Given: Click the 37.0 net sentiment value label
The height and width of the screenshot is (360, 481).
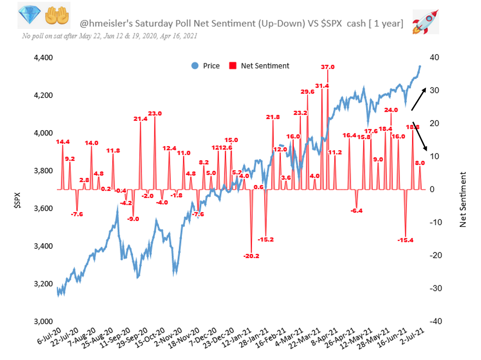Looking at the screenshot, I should [328, 67].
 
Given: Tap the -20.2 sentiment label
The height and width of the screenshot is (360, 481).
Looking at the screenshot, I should [251, 256].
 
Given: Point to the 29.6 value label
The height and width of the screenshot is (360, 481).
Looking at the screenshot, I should [307, 92].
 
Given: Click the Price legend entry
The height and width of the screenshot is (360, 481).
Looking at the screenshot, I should [206, 66].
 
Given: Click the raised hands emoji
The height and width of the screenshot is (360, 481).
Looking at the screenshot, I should [57, 16].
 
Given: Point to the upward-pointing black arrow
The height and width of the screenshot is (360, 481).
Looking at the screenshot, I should [418, 98].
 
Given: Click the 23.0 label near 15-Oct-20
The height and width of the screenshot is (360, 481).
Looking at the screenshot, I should [155, 114].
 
